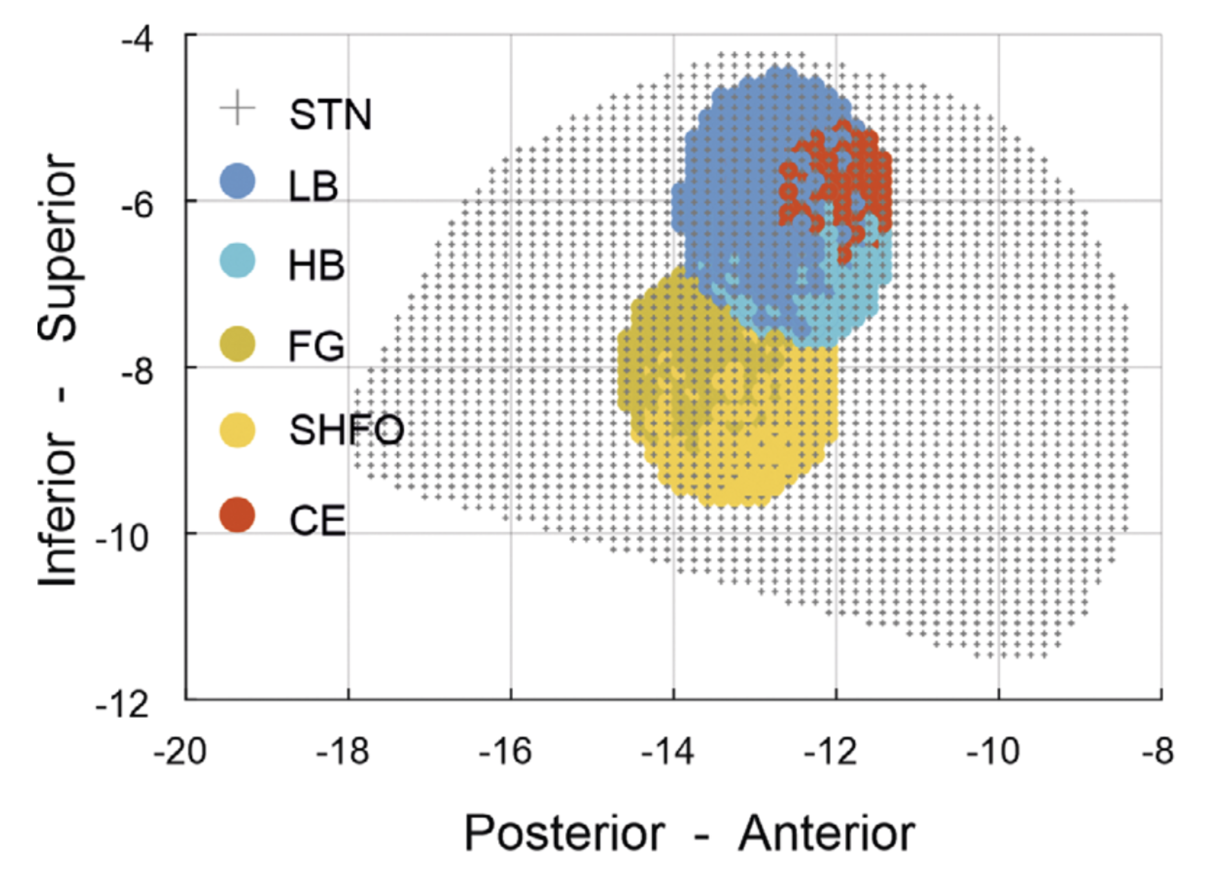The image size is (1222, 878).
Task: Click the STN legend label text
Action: pos(330,115)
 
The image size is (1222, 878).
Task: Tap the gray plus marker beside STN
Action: pos(237,108)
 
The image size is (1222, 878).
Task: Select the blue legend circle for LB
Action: pos(237,181)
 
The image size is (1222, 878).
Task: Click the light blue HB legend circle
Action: pos(237,261)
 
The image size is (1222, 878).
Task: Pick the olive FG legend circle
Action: pos(237,343)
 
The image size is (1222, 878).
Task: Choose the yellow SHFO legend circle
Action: pos(237,430)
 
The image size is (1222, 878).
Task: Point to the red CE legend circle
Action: pos(237,515)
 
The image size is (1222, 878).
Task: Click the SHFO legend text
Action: pos(346,430)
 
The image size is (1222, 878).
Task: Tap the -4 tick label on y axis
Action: pos(137,40)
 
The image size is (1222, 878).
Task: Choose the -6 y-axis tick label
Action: pos(137,207)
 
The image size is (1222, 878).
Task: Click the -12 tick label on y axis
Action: pos(123,705)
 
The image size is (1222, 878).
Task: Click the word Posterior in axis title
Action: pos(565,833)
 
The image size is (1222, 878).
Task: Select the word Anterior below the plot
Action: pos(826,833)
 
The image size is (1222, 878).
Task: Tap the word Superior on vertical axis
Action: pos(58,247)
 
